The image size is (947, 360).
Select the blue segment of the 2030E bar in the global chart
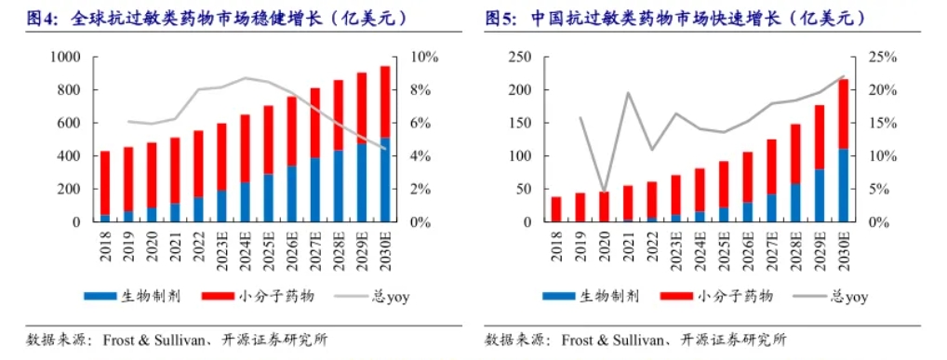[385, 180]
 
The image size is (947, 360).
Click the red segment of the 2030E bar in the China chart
[843, 113]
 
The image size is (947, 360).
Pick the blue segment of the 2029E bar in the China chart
[820, 195]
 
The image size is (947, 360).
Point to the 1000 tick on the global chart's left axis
[68, 58]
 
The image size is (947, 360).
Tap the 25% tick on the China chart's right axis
[884, 58]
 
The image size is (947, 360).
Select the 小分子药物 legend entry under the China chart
[715, 297]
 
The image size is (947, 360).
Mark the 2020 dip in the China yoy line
[605, 191]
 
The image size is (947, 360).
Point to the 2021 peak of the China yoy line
[629, 93]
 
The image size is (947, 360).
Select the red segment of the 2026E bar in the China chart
[747, 177]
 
